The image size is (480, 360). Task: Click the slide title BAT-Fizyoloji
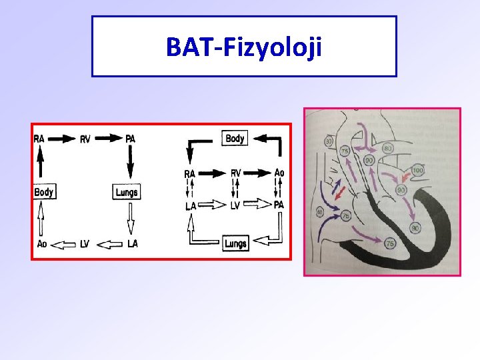244,47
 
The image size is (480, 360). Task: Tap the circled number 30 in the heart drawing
329,141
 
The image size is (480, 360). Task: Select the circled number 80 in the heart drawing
387,148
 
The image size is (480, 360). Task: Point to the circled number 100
417,171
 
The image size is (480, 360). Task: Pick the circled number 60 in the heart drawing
319,212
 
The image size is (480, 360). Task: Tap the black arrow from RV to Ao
257,173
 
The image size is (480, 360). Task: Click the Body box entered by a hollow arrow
44,192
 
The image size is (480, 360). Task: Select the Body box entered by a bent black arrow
235,139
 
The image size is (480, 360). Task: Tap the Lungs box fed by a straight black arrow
126,192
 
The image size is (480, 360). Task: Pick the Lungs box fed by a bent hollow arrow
235,243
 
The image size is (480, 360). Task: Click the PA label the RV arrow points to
131,139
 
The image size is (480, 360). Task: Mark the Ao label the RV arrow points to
279,173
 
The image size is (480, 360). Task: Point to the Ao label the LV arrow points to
42,244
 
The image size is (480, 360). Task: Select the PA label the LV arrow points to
279,205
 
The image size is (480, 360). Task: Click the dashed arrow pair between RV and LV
235,189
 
